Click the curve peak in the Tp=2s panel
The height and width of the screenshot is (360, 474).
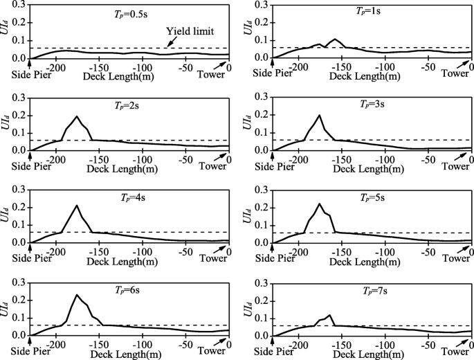(77, 116)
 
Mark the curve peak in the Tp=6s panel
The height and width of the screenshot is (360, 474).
(77, 295)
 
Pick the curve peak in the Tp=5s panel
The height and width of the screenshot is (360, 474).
(319, 204)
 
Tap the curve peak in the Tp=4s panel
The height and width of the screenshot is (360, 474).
(77, 205)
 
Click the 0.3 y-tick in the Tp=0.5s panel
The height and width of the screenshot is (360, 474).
(20, 5)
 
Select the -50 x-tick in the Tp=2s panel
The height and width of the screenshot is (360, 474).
(184, 159)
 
